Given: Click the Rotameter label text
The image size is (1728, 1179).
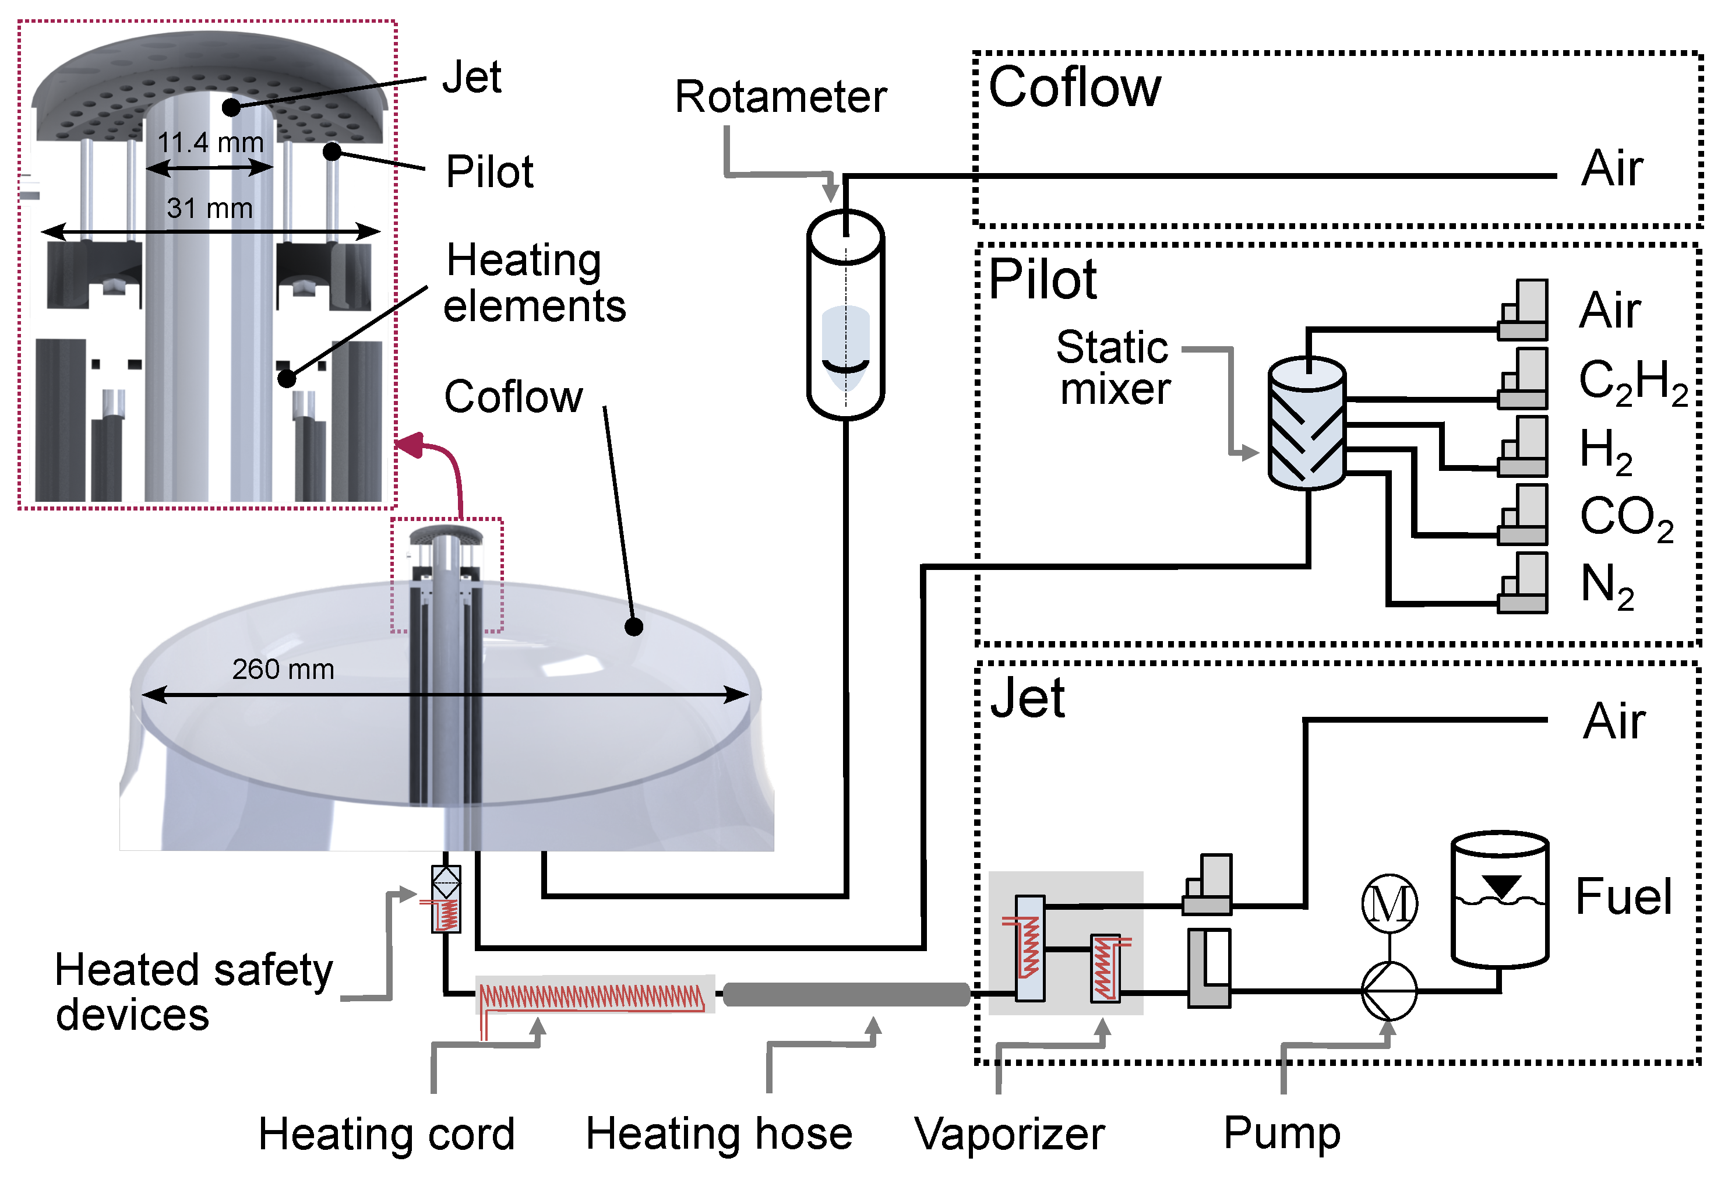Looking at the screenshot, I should [x=780, y=97].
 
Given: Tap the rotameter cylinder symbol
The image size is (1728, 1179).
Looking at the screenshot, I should [x=845, y=315].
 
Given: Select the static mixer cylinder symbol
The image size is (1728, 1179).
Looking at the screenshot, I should [x=1306, y=423].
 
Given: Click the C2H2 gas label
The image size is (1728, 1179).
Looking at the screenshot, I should [x=1632, y=382].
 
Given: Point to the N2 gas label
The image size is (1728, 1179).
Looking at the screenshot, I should [x=1606, y=586].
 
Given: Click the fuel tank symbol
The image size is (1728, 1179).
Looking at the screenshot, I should [x=1499, y=899].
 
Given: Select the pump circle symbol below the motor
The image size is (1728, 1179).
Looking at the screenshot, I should [x=1389, y=991].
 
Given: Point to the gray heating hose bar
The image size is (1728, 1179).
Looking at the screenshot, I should [x=846, y=994].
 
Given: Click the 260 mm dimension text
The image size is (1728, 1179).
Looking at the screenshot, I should [x=283, y=670].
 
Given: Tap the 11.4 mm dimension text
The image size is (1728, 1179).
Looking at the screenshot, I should [x=210, y=142].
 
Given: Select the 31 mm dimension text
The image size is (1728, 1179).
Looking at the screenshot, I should [x=210, y=208].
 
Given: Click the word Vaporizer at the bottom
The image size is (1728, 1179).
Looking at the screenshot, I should [x=1009, y=1134].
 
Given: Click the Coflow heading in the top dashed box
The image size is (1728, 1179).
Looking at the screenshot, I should [x=1074, y=88].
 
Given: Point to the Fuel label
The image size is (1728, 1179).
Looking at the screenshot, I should [x=1623, y=896].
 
